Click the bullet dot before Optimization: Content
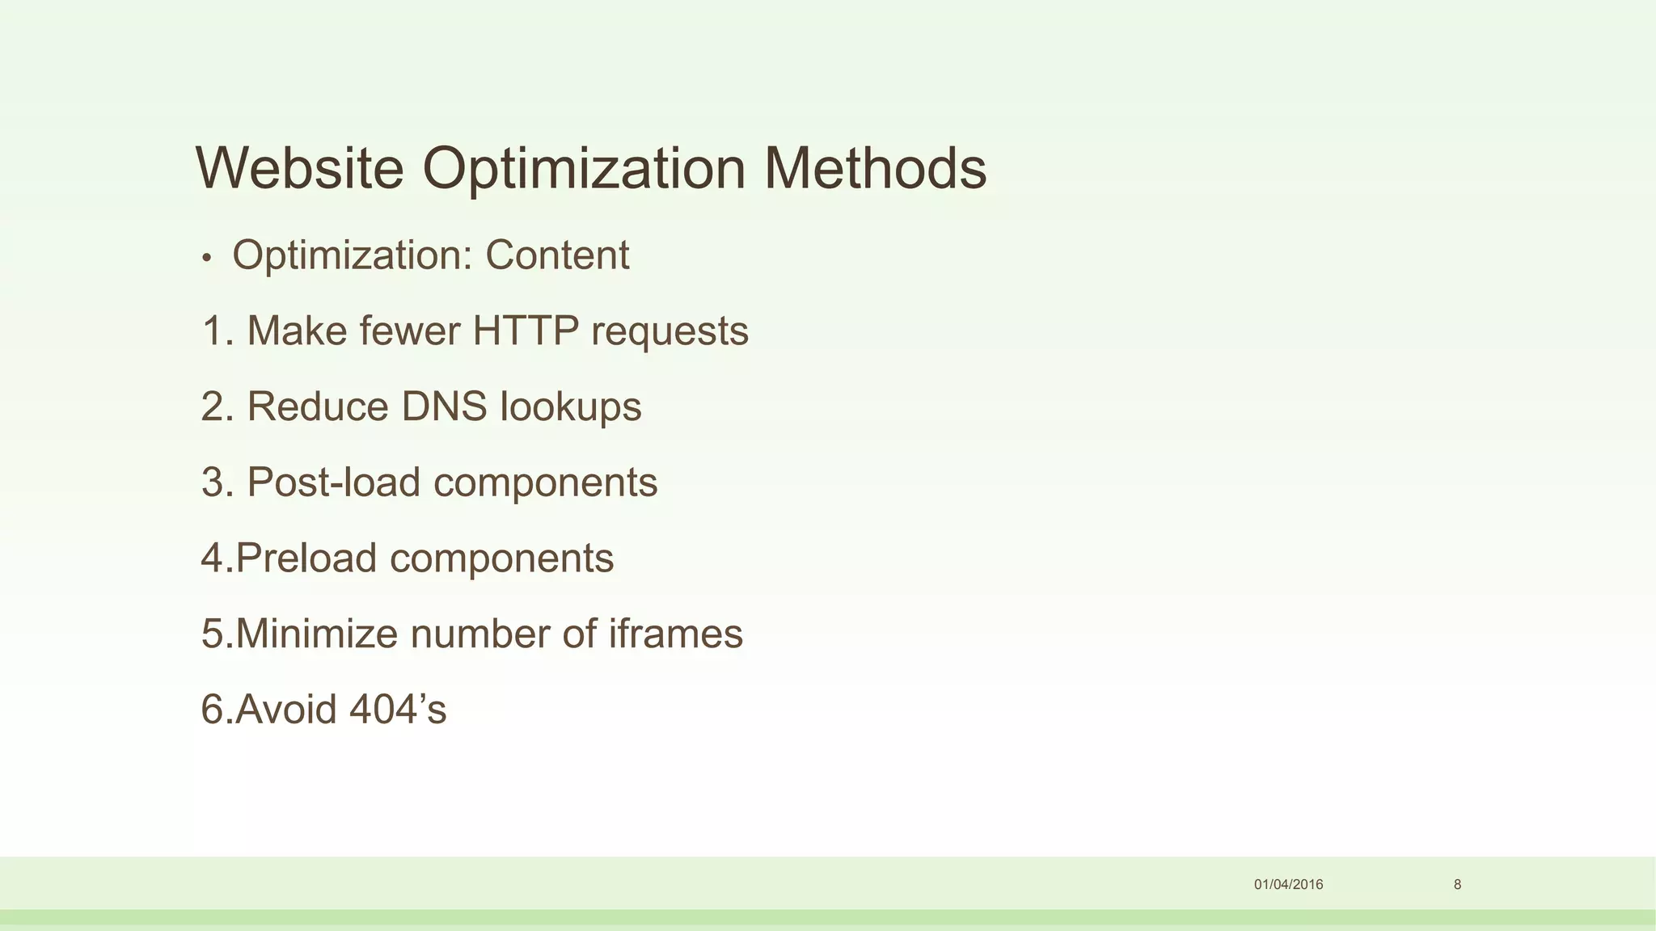(207, 259)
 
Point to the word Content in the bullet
(556, 255)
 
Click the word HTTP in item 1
(526, 331)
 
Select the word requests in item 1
(670, 332)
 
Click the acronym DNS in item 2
(444, 406)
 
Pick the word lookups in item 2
(570, 407)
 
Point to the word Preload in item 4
(306, 558)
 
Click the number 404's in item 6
(398, 709)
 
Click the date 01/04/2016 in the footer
(1288, 884)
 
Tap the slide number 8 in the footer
(1457, 884)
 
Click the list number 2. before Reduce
(217, 407)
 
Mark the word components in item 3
(545, 483)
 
